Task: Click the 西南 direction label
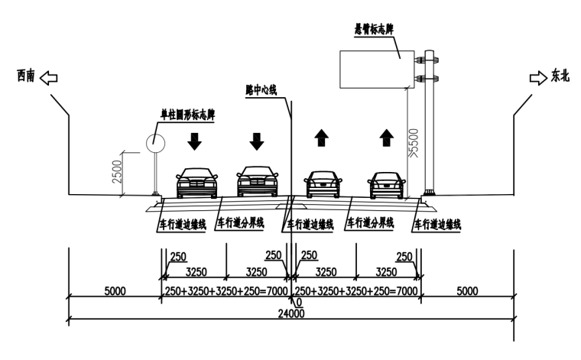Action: click(x=26, y=76)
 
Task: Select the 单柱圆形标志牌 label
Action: click(x=186, y=115)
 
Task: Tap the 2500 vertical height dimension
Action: click(x=115, y=172)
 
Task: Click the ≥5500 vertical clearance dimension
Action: click(x=414, y=141)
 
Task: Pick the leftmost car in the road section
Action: click(x=196, y=183)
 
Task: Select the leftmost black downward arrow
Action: click(x=195, y=141)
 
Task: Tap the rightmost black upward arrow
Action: click(x=387, y=138)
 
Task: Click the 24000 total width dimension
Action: click(x=290, y=313)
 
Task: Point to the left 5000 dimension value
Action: click(x=114, y=291)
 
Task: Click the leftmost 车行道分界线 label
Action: click(x=242, y=224)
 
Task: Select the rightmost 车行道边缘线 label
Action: click(x=437, y=225)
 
